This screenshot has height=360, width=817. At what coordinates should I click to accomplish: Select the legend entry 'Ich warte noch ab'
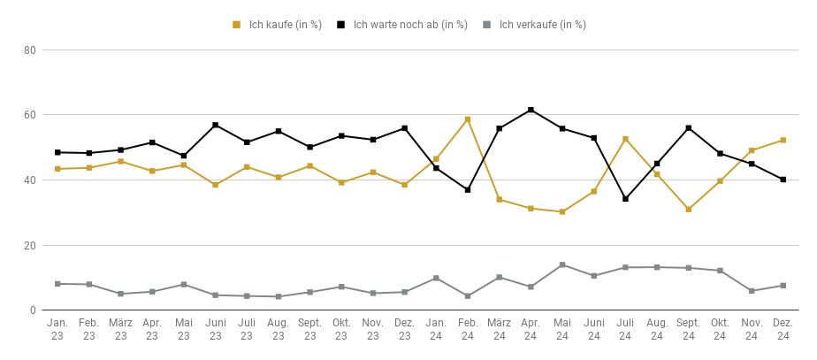point(402,25)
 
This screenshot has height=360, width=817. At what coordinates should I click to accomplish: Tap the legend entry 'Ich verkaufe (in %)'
point(534,25)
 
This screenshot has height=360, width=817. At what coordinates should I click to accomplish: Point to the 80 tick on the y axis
point(29,50)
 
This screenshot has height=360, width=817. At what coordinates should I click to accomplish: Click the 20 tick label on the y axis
point(29,245)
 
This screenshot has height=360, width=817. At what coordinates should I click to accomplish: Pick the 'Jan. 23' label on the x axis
point(57,329)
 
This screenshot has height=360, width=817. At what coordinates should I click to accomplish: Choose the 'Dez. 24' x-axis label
point(783,329)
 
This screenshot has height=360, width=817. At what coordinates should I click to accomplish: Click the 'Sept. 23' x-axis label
point(309,329)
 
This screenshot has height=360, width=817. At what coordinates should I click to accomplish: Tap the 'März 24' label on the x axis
point(499,329)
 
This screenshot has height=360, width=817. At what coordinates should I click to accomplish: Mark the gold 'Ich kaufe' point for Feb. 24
point(468,119)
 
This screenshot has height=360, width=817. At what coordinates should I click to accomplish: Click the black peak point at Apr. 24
point(531,110)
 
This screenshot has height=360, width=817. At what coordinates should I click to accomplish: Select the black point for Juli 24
point(625,199)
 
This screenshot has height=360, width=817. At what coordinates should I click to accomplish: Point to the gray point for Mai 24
point(562,264)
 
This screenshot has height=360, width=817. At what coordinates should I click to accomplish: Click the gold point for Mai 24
point(562,211)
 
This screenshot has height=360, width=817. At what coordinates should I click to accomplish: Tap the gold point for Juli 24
point(625,139)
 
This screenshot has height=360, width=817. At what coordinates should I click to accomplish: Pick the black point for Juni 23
point(215,125)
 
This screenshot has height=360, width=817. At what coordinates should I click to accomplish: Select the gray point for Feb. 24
point(468,296)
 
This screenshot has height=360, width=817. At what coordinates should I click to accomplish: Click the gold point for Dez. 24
point(783,140)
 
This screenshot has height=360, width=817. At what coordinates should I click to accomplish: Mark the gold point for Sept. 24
point(688,210)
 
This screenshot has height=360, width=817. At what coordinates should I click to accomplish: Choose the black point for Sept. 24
point(688,128)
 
